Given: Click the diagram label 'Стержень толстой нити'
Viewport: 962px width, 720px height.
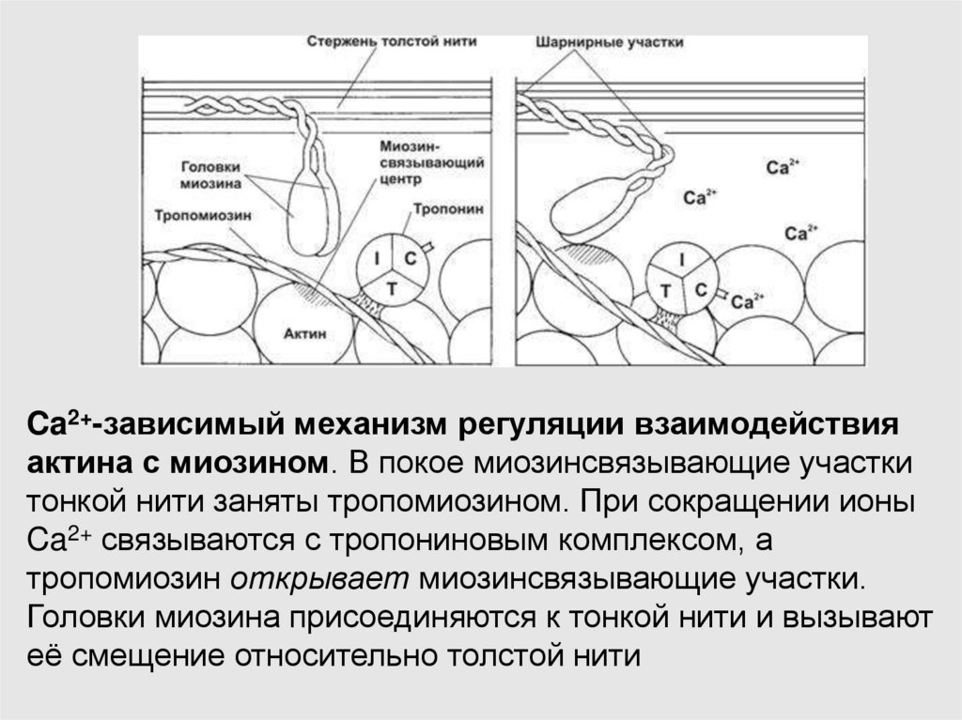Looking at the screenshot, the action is [x=391, y=42].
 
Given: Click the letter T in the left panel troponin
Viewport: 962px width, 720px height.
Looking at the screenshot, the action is [x=392, y=289].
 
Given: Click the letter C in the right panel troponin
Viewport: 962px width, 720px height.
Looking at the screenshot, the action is [x=700, y=290].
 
